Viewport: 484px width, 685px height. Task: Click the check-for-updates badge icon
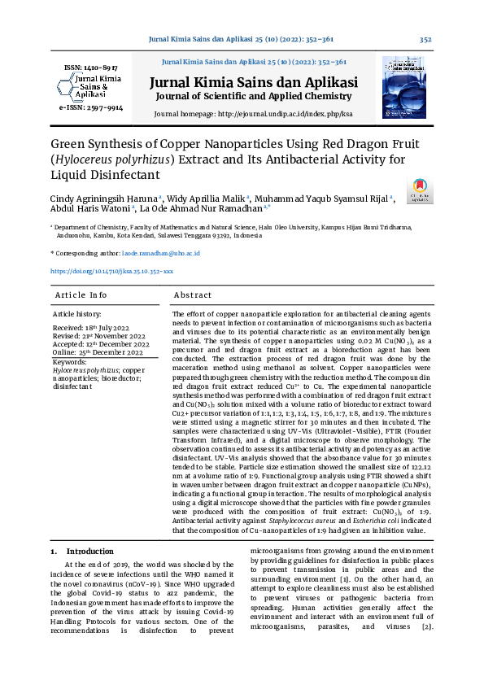tap(422, 191)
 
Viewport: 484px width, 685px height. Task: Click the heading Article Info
tap(81, 295)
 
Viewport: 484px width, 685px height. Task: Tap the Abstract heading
tap(193, 295)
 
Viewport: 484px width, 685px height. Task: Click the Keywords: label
tap(70, 360)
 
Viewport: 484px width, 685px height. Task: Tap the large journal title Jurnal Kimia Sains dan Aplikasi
tap(252, 82)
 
